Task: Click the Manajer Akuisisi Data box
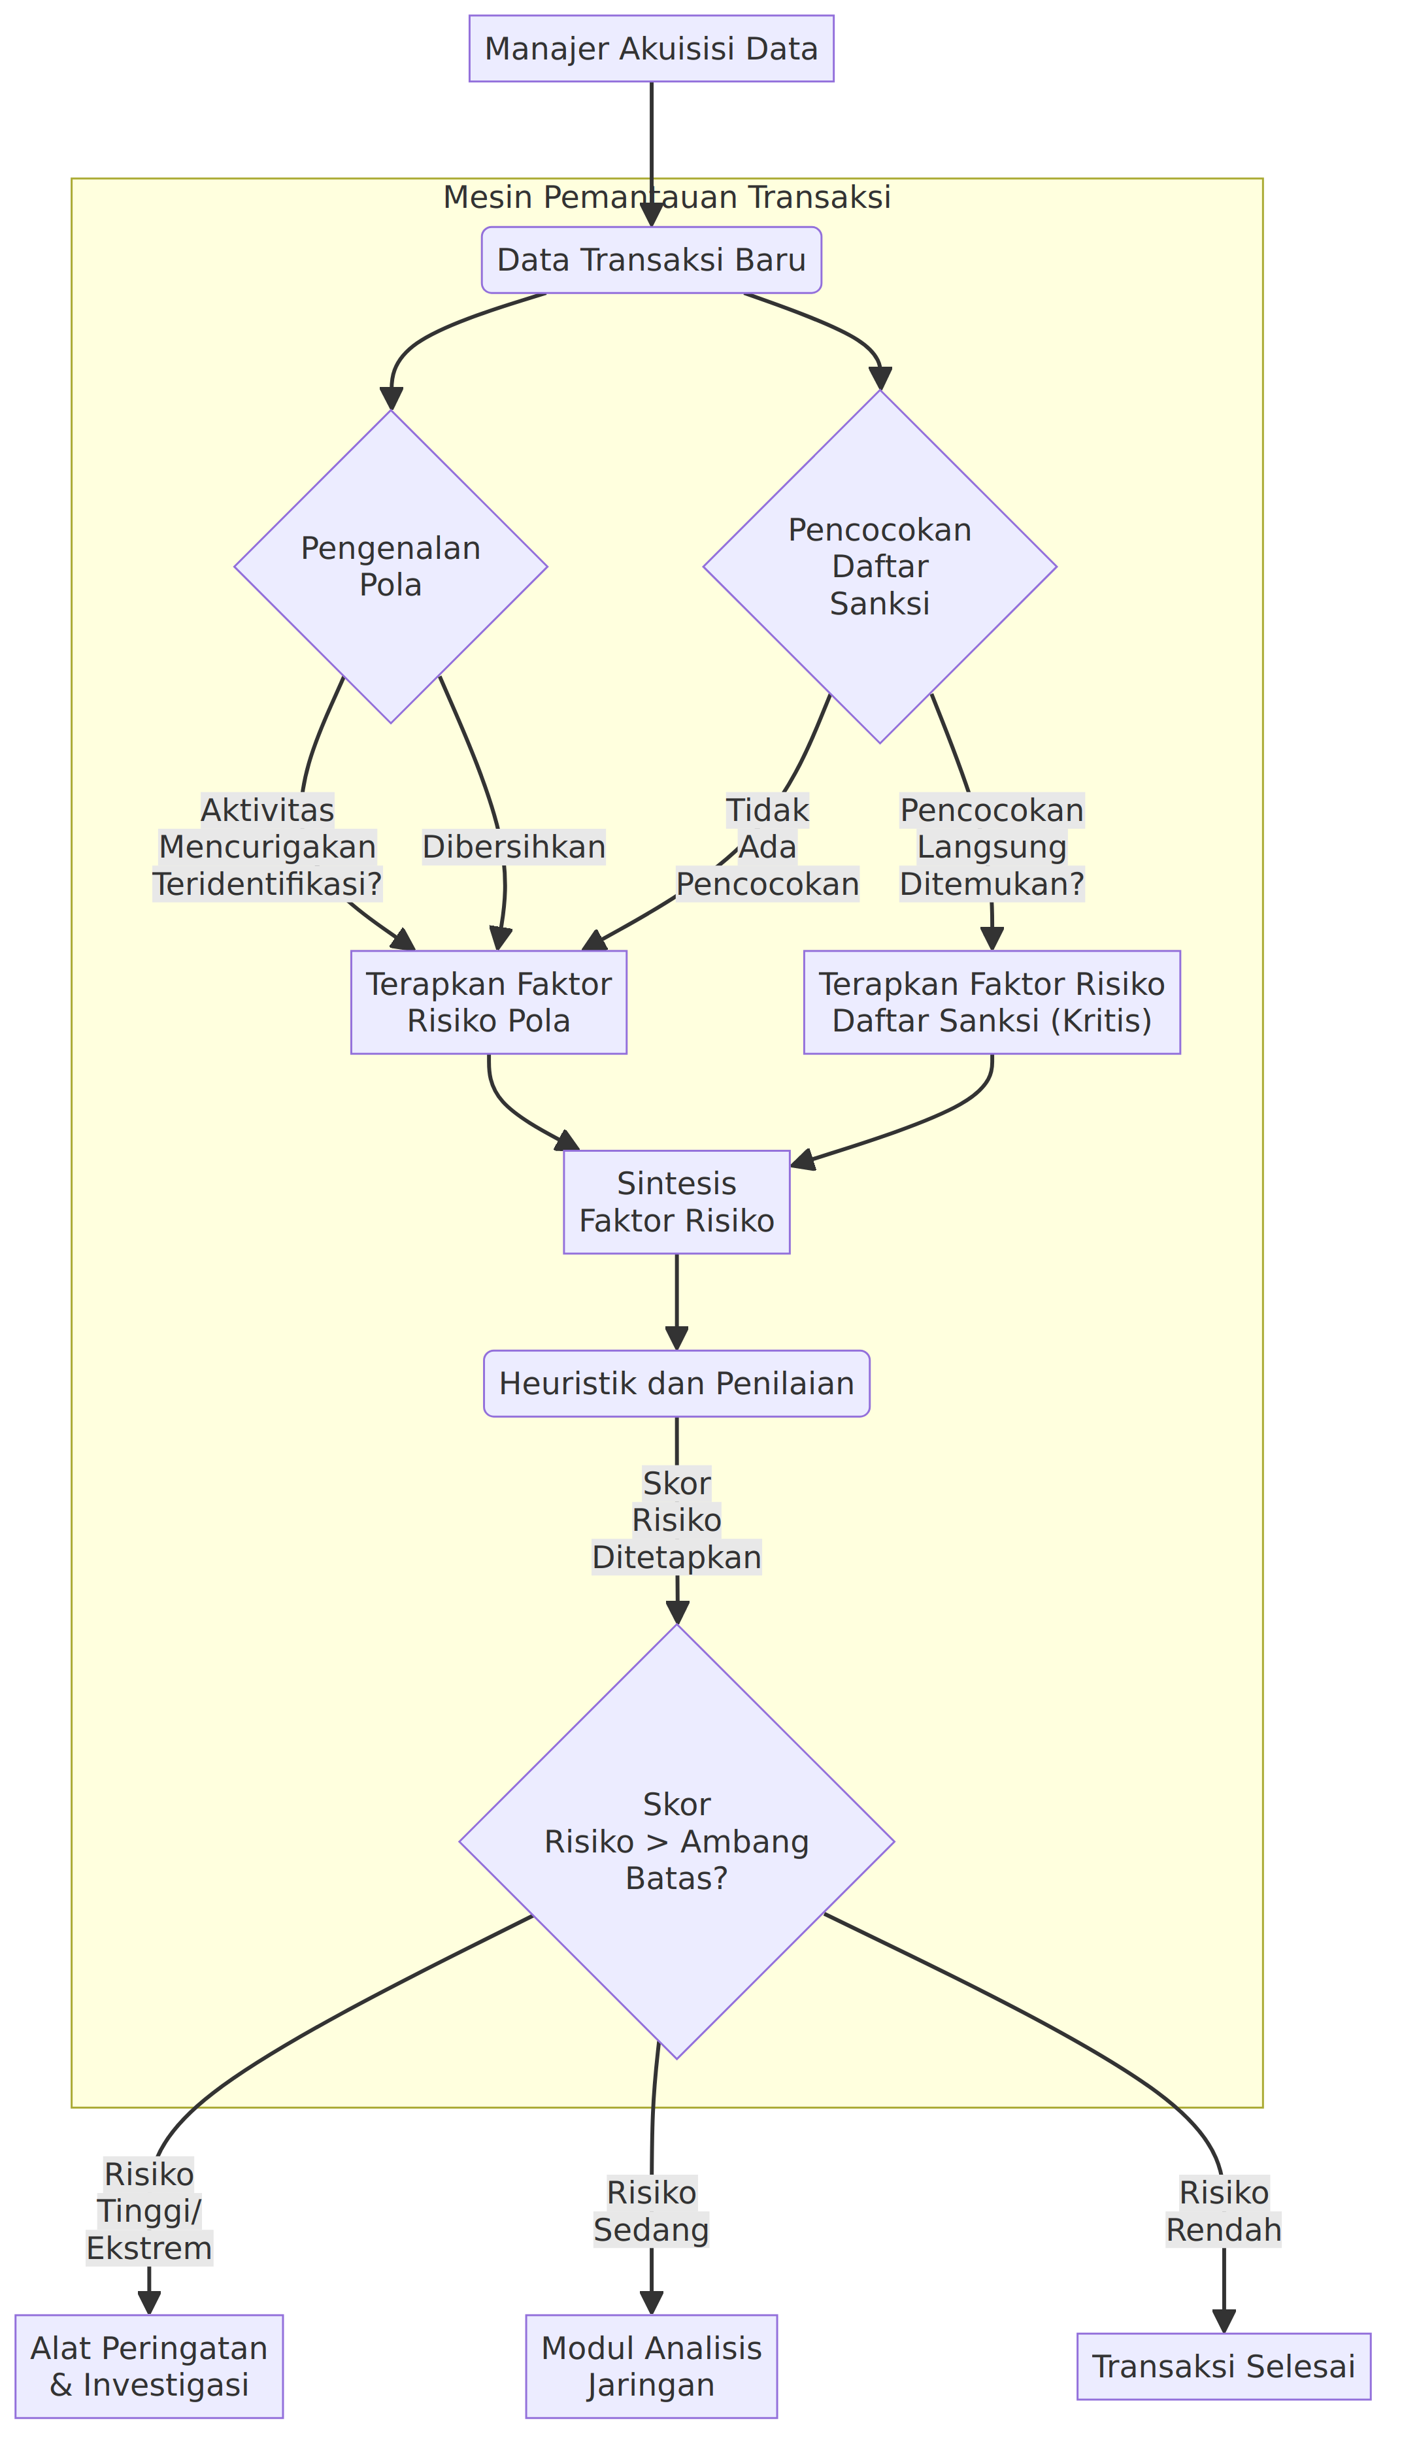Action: pos(651,48)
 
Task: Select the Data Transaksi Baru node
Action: pos(651,260)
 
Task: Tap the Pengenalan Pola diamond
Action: pos(391,566)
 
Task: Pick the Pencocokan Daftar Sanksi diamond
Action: pos(880,566)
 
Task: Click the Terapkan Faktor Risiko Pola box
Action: pos(488,1002)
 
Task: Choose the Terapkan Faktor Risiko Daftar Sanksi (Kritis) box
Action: pos(992,1002)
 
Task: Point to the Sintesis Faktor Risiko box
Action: pos(677,1201)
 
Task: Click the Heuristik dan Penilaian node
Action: pos(677,1384)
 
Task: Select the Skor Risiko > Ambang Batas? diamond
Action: pos(677,1842)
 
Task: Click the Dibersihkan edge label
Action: pos(514,847)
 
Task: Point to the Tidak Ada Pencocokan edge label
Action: pos(767,847)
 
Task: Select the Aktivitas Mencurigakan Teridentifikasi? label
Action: pos(268,847)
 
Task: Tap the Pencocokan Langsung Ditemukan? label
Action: pos(992,847)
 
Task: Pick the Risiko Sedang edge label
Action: pos(651,2211)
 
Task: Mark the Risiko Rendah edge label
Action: pos(1224,2211)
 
